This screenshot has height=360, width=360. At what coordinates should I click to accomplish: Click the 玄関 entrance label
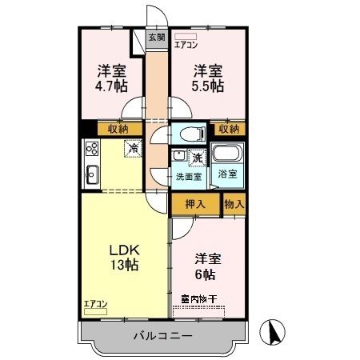pyautogui.click(x=157, y=37)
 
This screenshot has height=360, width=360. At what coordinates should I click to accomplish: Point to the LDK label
pyautogui.click(x=124, y=250)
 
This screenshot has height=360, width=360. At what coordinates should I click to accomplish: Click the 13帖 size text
pyautogui.click(x=124, y=266)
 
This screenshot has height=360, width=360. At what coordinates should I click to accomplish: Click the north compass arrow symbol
pyautogui.click(x=274, y=331)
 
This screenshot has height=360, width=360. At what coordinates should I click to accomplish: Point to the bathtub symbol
pyautogui.click(x=230, y=154)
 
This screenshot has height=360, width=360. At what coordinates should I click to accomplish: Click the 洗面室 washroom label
pyautogui.click(x=189, y=176)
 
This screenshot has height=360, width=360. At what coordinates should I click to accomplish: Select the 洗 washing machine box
pyautogui.click(x=196, y=158)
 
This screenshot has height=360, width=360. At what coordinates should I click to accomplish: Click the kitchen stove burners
pyautogui.click(x=91, y=148)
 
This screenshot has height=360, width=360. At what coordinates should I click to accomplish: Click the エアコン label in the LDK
pyautogui.click(x=95, y=303)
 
